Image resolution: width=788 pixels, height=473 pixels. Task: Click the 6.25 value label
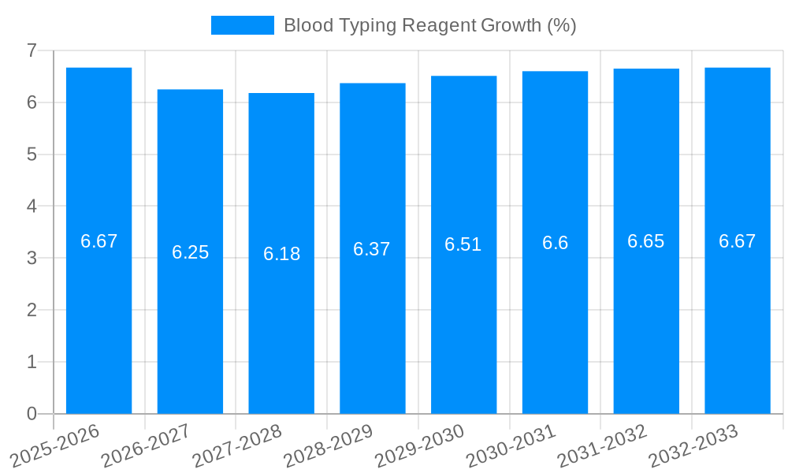tap(190, 252)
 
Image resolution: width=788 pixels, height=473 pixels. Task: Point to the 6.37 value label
tap(372, 249)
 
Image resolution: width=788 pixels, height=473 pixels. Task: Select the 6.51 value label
tap(463, 244)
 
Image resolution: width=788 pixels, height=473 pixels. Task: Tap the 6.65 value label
tap(646, 241)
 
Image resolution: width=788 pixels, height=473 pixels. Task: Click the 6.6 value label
tap(555, 243)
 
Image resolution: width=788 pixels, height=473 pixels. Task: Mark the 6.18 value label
tap(281, 254)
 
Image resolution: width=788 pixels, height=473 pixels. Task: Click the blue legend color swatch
tap(242, 25)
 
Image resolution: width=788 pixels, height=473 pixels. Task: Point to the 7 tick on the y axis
tap(32, 50)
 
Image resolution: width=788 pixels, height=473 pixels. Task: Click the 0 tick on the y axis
tap(32, 414)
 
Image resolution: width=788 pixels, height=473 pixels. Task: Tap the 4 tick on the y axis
tap(32, 207)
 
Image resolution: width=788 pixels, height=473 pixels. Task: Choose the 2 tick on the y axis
tap(32, 310)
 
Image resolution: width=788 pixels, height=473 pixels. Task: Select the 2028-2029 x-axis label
tap(328, 445)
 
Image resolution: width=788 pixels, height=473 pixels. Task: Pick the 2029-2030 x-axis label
tap(419, 445)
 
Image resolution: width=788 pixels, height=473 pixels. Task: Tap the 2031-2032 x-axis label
tap(602, 445)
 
